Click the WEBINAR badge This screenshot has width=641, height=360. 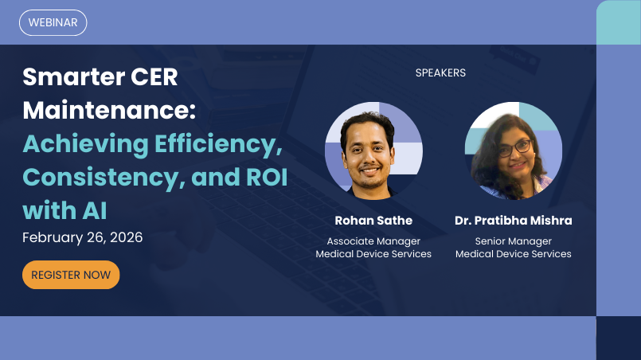coord(53,22)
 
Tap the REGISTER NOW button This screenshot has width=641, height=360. coord(71,275)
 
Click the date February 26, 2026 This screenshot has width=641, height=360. coord(83,237)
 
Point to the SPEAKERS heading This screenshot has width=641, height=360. coord(440,72)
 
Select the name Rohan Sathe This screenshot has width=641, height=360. coord(373,221)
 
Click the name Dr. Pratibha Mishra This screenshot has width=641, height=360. coord(513,221)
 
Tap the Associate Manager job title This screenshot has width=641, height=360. coord(373,241)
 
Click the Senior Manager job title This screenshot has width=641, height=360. coord(513,241)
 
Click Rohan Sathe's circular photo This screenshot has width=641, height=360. coord(373,150)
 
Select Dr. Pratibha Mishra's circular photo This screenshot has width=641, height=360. coord(513,150)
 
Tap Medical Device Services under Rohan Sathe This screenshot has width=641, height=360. coord(373,254)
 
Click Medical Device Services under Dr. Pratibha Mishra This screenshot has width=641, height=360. coord(513,254)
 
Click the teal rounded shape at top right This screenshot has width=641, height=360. coord(619,22)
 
